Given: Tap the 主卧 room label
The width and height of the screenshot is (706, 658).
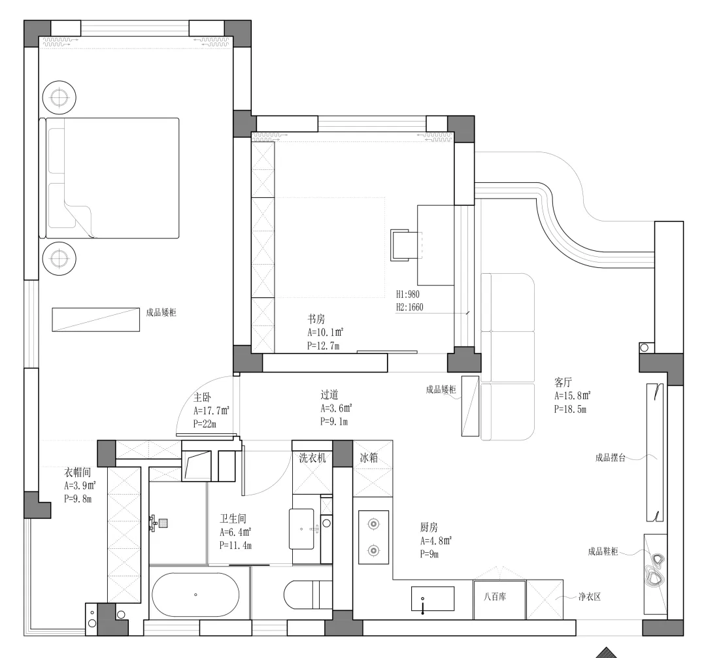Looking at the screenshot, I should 202,397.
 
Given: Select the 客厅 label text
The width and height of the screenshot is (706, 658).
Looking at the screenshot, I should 563,382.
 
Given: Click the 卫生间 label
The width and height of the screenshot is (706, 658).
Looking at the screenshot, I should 233,519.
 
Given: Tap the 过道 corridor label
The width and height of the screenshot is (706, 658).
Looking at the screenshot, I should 329,395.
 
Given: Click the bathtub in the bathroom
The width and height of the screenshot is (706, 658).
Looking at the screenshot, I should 195,595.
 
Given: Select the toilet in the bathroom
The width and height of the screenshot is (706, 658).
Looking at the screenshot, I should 307,595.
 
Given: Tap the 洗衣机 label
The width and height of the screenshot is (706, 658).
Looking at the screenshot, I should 312,458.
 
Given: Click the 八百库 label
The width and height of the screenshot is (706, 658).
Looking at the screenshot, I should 499,597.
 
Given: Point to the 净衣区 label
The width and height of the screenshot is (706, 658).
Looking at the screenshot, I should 589,597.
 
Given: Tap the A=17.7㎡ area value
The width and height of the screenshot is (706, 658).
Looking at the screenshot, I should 211,411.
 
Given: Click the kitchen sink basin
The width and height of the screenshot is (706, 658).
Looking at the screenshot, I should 432,598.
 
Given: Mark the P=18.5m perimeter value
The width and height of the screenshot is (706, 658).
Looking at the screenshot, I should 571,410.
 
